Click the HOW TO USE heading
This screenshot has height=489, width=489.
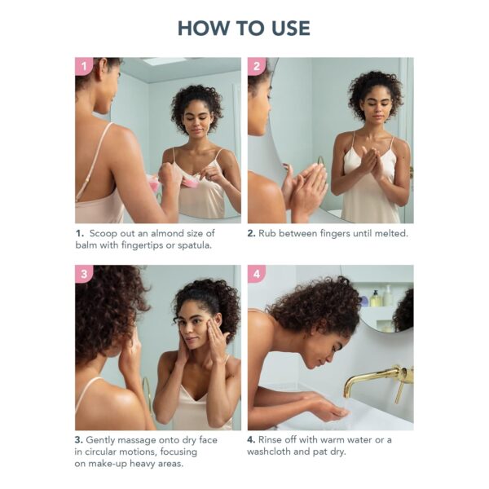[244, 28]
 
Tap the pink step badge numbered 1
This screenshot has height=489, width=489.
[83, 66]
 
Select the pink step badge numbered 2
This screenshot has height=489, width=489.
[257, 66]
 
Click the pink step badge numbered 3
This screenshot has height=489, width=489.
[83, 274]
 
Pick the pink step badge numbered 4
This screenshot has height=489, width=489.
[257, 274]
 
